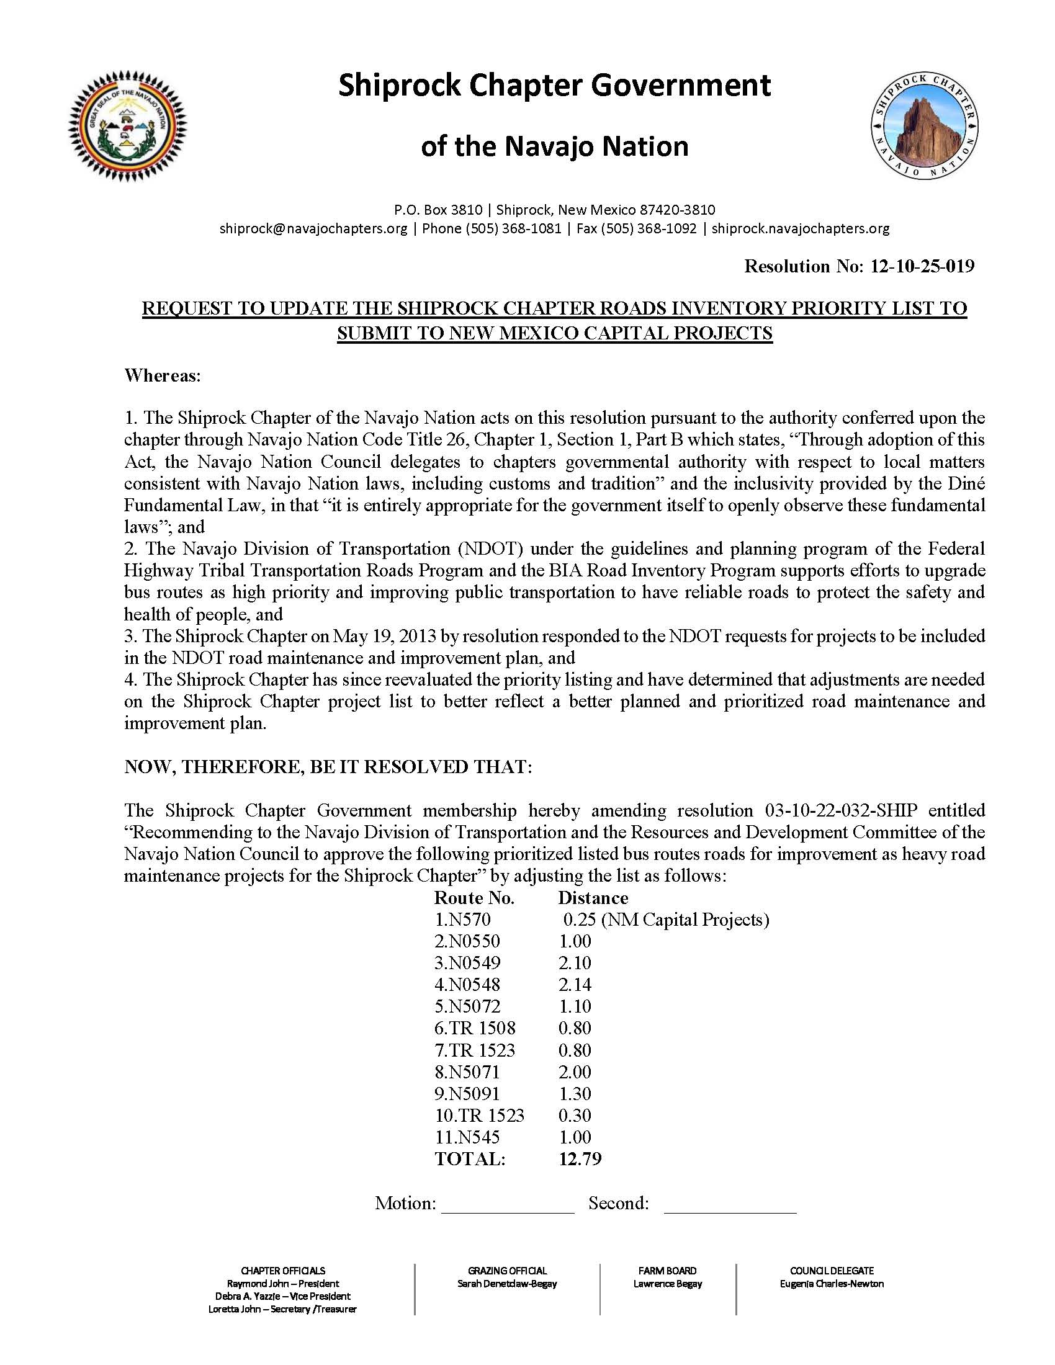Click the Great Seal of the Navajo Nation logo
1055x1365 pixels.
coord(127,127)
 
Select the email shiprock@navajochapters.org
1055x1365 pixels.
coord(313,229)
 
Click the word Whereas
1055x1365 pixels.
coord(162,375)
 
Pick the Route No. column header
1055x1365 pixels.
coord(474,898)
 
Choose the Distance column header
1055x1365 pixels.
coord(593,898)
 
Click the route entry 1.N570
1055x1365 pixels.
coord(462,920)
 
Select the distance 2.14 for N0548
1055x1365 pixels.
coord(575,985)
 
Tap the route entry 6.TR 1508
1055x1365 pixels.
coord(475,1029)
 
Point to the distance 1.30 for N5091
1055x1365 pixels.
coord(575,1094)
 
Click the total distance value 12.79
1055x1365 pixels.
coord(580,1160)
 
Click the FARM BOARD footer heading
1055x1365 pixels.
coord(668,1271)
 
